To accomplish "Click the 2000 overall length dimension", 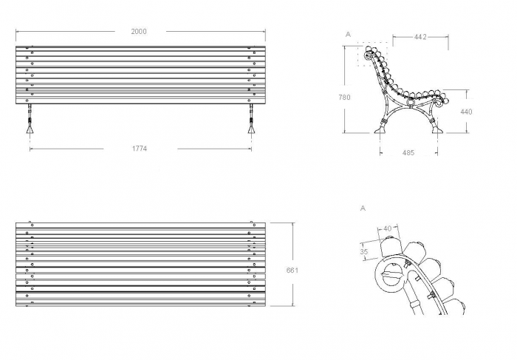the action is (139, 32).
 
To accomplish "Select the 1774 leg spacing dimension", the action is (140, 149).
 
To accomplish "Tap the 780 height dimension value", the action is (344, 98).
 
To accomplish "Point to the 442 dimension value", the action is (420, 37).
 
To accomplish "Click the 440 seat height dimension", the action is (466, 112).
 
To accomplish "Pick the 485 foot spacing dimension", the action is (408, 153).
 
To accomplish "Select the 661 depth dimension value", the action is (292, 271).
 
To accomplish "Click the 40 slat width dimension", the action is (388, 228).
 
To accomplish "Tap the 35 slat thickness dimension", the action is (363, 252).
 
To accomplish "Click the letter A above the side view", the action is (348, 34).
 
